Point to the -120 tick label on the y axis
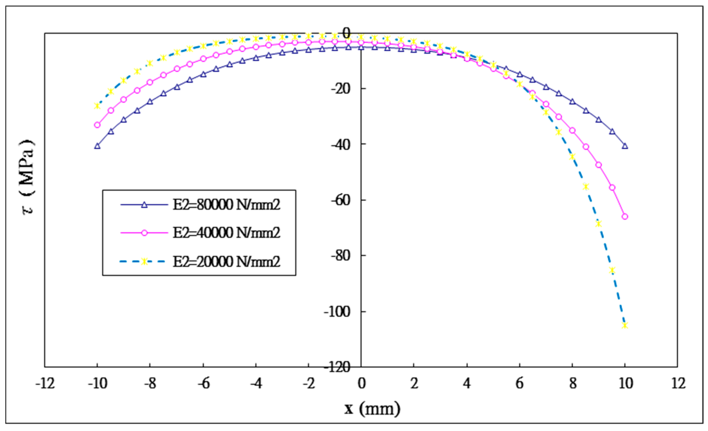341,367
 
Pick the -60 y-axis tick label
343,200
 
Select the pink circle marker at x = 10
625,217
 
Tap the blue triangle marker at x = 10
625,146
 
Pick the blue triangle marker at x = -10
97,146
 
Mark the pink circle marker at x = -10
97,125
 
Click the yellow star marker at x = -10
97,106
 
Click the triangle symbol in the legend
144,205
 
